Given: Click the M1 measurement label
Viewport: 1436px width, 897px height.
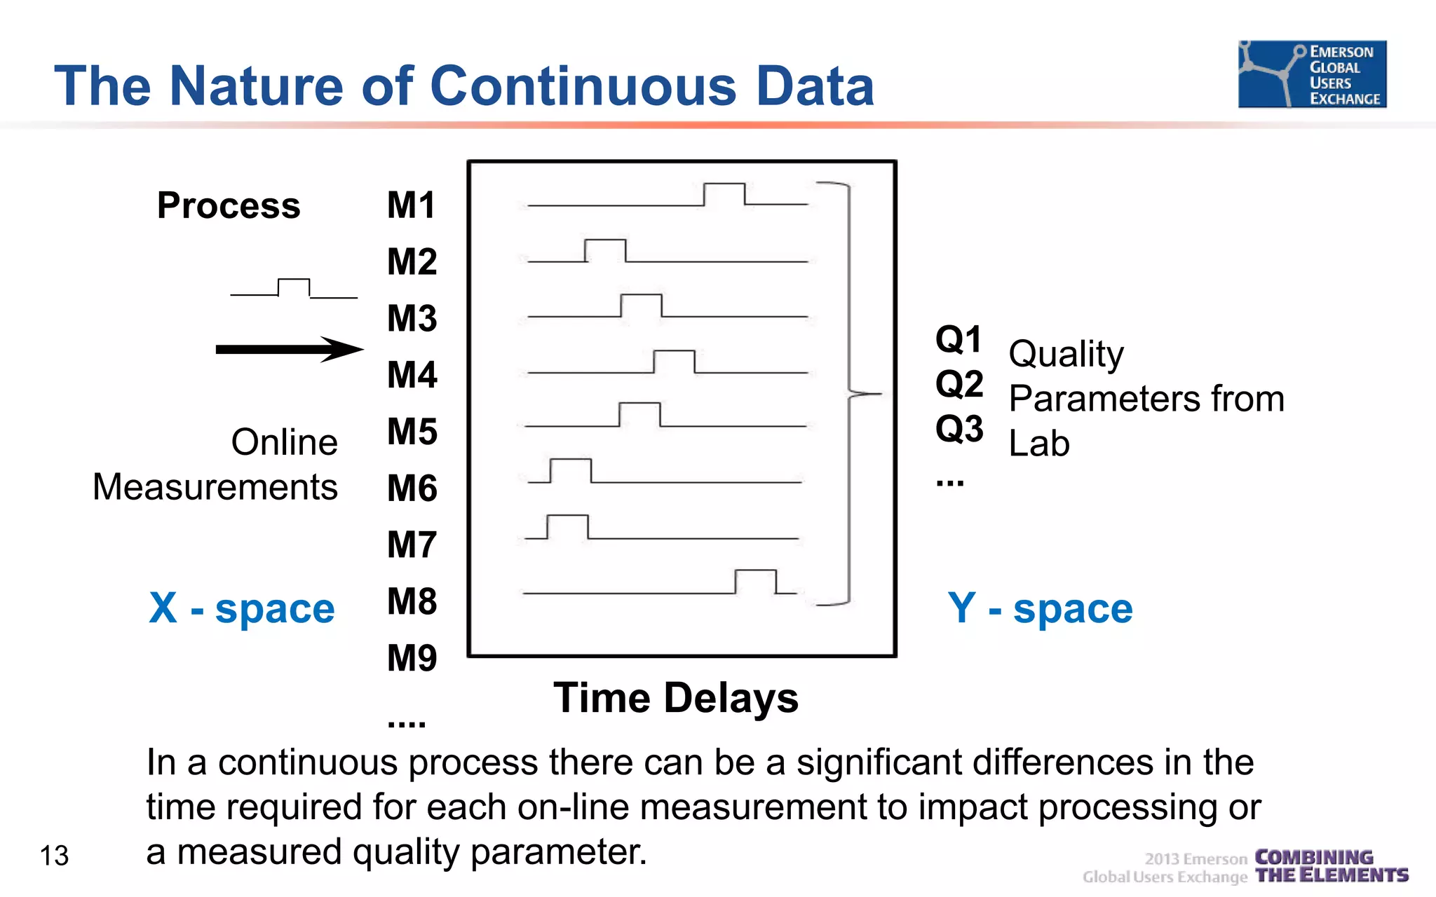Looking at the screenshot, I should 412,205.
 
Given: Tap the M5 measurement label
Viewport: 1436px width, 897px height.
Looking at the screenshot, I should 412,432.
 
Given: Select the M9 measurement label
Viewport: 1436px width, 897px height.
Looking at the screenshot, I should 412,658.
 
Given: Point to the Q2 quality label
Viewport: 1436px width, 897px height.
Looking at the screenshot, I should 959,384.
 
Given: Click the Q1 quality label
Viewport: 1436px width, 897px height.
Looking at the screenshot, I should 959,340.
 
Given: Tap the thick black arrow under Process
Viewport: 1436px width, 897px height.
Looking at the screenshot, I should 290,349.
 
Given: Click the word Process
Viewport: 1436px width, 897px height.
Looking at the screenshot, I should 229,206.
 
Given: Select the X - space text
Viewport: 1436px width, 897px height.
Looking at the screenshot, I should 242,608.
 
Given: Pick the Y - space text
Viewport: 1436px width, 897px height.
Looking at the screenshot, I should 1040,608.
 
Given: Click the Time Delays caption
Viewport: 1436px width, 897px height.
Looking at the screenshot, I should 676,698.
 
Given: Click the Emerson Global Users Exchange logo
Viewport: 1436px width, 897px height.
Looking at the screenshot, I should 1312,74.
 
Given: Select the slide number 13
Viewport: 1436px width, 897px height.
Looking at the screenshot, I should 54,856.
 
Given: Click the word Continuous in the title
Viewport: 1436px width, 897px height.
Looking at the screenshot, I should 583,86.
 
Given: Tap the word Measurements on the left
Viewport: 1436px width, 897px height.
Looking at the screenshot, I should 215,487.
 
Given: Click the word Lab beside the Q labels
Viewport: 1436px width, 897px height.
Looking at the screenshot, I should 1039,444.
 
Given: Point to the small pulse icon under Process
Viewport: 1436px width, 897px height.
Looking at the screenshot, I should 294,288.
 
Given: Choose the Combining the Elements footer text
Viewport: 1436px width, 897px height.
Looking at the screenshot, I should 1331,866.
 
